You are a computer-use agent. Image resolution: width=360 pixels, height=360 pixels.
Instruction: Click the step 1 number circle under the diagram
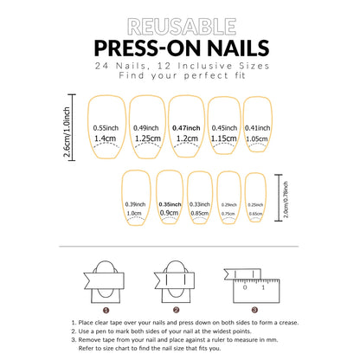pyautogui.click(x=106, y=309)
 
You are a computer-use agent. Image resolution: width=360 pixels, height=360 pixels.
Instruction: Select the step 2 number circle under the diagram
pyautogui.click(x=176, y=309)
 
